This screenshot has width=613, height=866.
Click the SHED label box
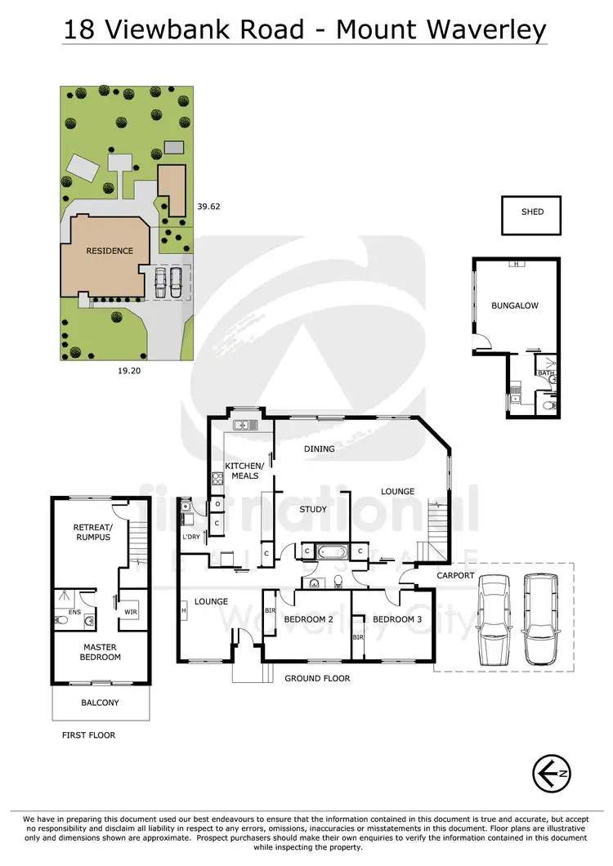pos(531,212)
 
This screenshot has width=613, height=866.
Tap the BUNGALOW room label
pos(515,306)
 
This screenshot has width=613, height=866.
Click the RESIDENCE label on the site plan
pos(110,251)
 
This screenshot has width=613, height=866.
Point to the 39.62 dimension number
pos(209,207)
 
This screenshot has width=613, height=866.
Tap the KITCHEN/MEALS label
pos(242,470)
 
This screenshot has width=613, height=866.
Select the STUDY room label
pos(313,510)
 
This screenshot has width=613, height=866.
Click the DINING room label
pos(320,449)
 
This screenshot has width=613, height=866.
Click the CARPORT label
pos(456,575)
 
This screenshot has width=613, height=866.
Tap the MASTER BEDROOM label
pos(101,651)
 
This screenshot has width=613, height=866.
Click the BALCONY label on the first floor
pos(100,703)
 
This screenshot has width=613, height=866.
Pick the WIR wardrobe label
pos(130,610)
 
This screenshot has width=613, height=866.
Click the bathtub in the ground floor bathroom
pos(331,552)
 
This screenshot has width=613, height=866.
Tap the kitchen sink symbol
pos(244,425)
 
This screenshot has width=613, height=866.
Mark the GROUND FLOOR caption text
pos(317,678)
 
